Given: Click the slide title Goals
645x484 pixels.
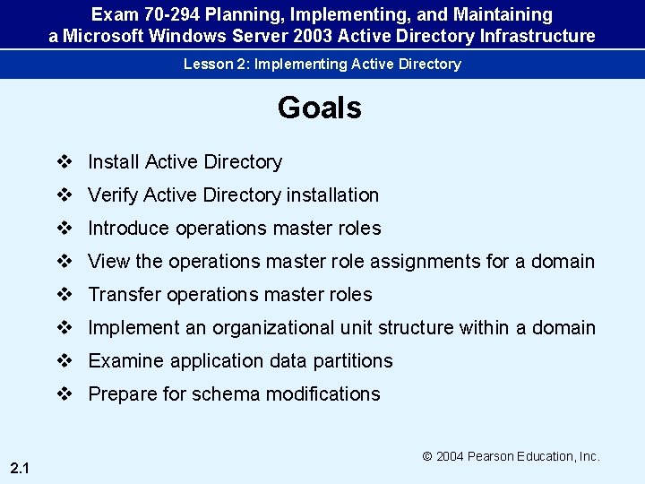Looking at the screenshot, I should point(319,108).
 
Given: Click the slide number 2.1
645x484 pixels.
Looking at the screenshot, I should point(20,467).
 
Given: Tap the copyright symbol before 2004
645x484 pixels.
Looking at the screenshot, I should point(428,456).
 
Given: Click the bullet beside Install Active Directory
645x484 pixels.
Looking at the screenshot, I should point(64,162).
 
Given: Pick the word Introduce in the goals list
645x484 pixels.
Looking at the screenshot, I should point(129,229).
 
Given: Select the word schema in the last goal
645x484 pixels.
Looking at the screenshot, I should point(235,394).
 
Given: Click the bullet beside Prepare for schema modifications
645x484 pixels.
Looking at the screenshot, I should point(64,394).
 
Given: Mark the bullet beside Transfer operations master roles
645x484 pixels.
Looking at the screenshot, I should point(64,295).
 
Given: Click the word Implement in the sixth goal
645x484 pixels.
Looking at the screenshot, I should point(133,328).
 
